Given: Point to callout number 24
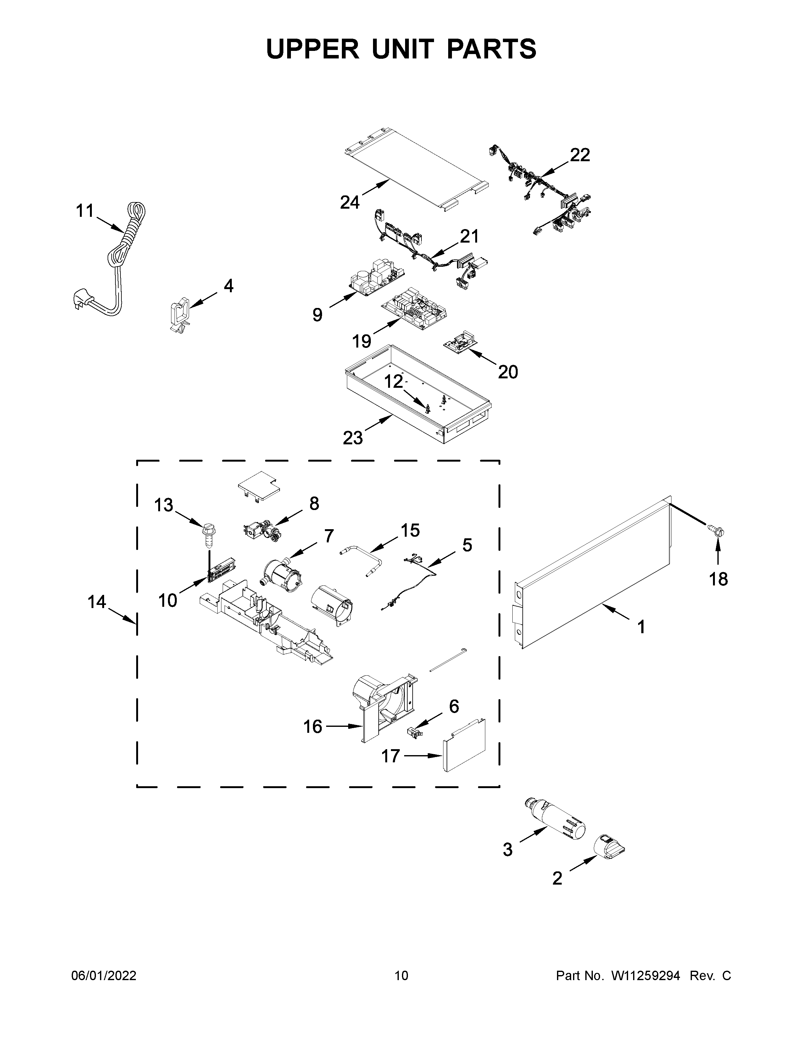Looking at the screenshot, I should [x=350, y=203].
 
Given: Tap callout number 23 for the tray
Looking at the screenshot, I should [x=353, y=437].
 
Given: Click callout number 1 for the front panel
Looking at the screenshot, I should [x=641, y=627].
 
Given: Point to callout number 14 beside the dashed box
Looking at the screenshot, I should [x=97, y=602].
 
